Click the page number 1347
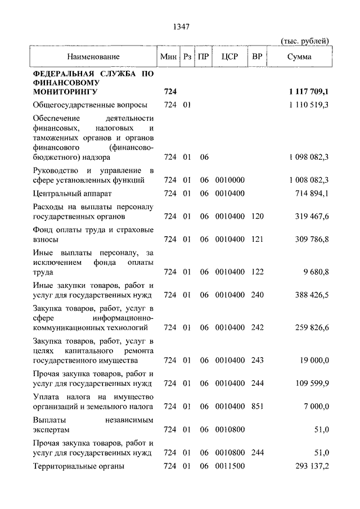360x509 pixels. (182, 26)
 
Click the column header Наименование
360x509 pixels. (93, 57)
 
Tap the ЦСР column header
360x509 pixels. (230, 57)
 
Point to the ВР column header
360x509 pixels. (257, 57)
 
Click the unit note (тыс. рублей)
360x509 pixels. (304, 40)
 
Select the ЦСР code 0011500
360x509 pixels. (230, 466)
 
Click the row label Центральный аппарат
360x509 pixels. (70, 193)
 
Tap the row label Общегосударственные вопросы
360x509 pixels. (91, 105)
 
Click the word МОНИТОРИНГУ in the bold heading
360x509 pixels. (65, 91)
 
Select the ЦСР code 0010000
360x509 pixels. (230, 180)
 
